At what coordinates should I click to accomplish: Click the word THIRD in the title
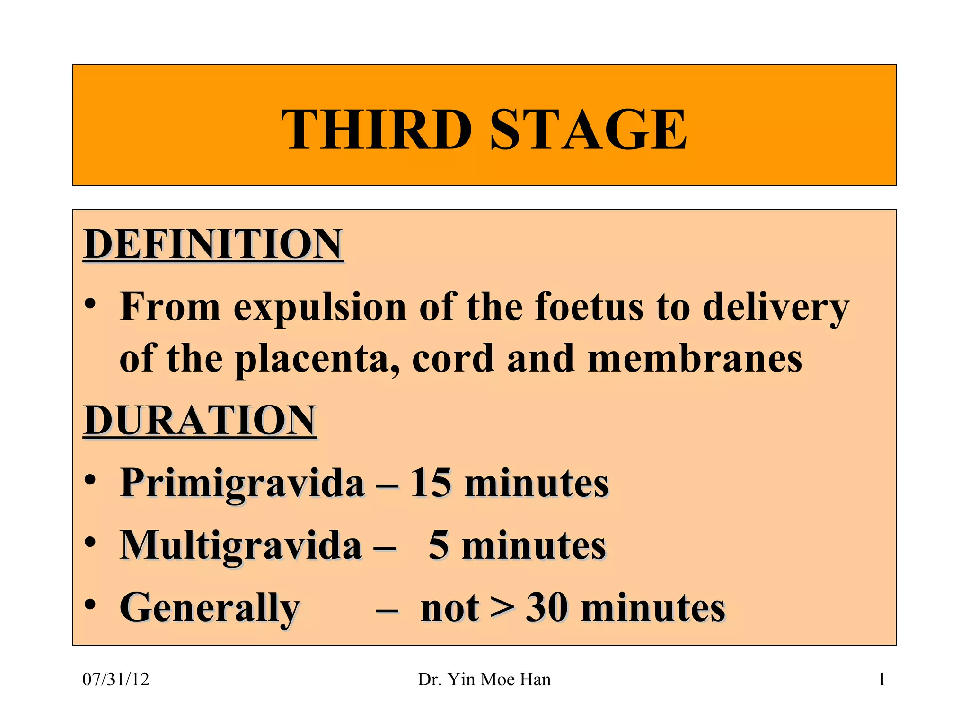pos(376,129)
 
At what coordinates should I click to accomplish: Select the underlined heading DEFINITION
pos(213,244)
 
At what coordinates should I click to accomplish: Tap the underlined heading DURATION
pos(200,420)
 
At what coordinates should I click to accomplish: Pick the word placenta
pos(317,359)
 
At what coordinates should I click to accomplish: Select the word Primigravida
pos(242,483)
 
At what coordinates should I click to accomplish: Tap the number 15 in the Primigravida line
pos(430,483)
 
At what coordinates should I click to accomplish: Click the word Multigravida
pos(241,545)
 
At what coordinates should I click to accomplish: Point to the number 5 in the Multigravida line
pos(438,545)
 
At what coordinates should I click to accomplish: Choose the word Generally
pos(210,608)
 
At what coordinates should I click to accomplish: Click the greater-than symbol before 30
pos(502,608)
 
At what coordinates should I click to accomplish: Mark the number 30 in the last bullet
pos(547,608)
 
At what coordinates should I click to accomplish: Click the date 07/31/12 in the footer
pos(116,680)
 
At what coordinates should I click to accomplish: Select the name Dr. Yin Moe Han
pos(484,680)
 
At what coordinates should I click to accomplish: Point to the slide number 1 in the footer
pos(881,680)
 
